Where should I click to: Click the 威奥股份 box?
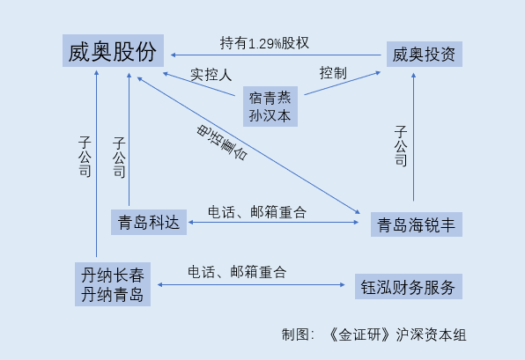(x=113, y=50)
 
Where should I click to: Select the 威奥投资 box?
(x=425, y=55)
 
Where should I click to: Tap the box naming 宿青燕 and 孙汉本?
(x=270, y=107)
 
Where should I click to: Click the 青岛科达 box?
(x=149, y=222)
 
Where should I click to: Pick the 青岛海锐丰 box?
(x=416, y=224)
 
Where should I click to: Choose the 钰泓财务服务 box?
(x=409, y=286)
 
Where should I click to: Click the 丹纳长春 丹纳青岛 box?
(x=113, y=284)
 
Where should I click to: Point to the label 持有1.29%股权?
(x=264, y=43)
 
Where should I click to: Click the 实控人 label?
(x=211, y=74)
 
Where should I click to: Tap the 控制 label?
(x=333, y=72)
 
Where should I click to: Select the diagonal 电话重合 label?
(x=222, y=143)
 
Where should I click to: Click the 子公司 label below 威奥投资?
(x=401, y=146)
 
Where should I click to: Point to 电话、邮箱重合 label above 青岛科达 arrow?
(x=257, y=212)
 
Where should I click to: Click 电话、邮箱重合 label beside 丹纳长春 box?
(x=237, y=272)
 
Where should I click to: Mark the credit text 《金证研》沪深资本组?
(x=396, y=334)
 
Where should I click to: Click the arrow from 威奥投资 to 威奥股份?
(x=276, y=55)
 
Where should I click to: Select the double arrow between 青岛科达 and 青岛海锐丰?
(x=274, y=222)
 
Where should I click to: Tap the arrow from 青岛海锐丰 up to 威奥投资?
(x=413, y=136)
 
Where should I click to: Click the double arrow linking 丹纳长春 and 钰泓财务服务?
(x=251, y=284)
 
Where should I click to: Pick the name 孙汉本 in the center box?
(x=270, y=116)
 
